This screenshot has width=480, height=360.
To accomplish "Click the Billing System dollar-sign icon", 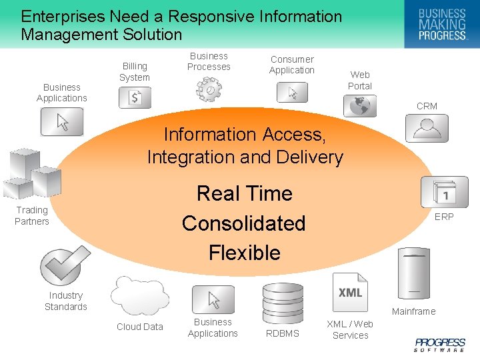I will [x=135, y=98].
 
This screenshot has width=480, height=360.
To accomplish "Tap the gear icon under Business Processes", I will [x=209, y=89].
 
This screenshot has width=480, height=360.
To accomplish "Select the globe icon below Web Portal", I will [x=360, y=106].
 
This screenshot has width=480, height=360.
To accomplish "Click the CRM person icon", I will [x=427, y=127].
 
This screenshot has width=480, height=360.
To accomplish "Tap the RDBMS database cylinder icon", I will [x=283, y=303].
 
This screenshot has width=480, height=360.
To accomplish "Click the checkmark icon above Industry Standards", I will [x=65, y=265].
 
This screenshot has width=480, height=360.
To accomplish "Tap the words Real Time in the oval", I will [x=245, y=193].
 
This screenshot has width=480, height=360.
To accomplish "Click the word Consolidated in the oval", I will [x=243, y=223].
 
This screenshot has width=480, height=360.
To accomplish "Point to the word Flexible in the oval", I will [x=244, y=253].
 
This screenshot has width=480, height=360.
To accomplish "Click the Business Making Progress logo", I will [x=441, y=24].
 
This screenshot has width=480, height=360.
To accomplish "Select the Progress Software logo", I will [x=440, y=344].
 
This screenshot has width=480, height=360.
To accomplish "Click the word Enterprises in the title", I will [x=61, y=16].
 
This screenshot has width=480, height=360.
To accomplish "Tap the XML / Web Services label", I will [x=350, y=329].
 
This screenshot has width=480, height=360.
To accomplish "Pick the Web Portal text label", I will [x=360, y=80].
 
